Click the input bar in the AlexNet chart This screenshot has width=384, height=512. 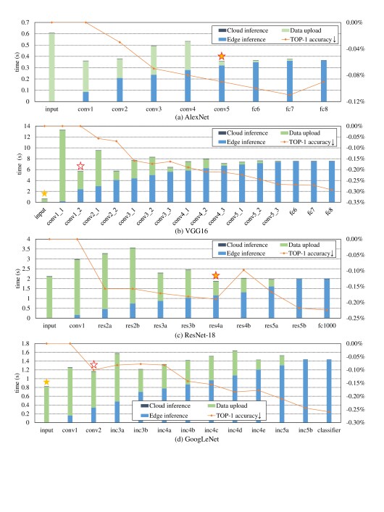[x=51, y=67]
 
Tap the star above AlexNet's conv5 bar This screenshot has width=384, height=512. [x=222, y=56]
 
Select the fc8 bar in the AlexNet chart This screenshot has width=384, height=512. [x=324, y=80]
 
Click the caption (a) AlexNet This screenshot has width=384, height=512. [x=192, y=117]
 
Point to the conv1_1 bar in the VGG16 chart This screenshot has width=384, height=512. [x=62, y=166]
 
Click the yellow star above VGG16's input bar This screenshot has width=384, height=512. [x=44, y=193]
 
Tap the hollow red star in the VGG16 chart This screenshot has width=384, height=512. [x=80, y=167]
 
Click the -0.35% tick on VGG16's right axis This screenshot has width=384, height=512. [x=355, y=202]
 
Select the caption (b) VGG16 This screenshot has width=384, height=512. [x=191, y=231]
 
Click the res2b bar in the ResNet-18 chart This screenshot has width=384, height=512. [x=133, y=282]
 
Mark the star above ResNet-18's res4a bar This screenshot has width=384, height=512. [x=216, y=276]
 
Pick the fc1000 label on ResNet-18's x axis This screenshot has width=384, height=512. [x=327, y=326]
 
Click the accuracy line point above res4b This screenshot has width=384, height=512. [x=243, y=270]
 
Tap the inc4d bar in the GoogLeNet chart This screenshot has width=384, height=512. [x=235, y=387]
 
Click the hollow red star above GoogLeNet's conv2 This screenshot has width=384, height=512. [x=93, y=364]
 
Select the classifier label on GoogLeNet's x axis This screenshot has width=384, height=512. [x=329, y=430]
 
